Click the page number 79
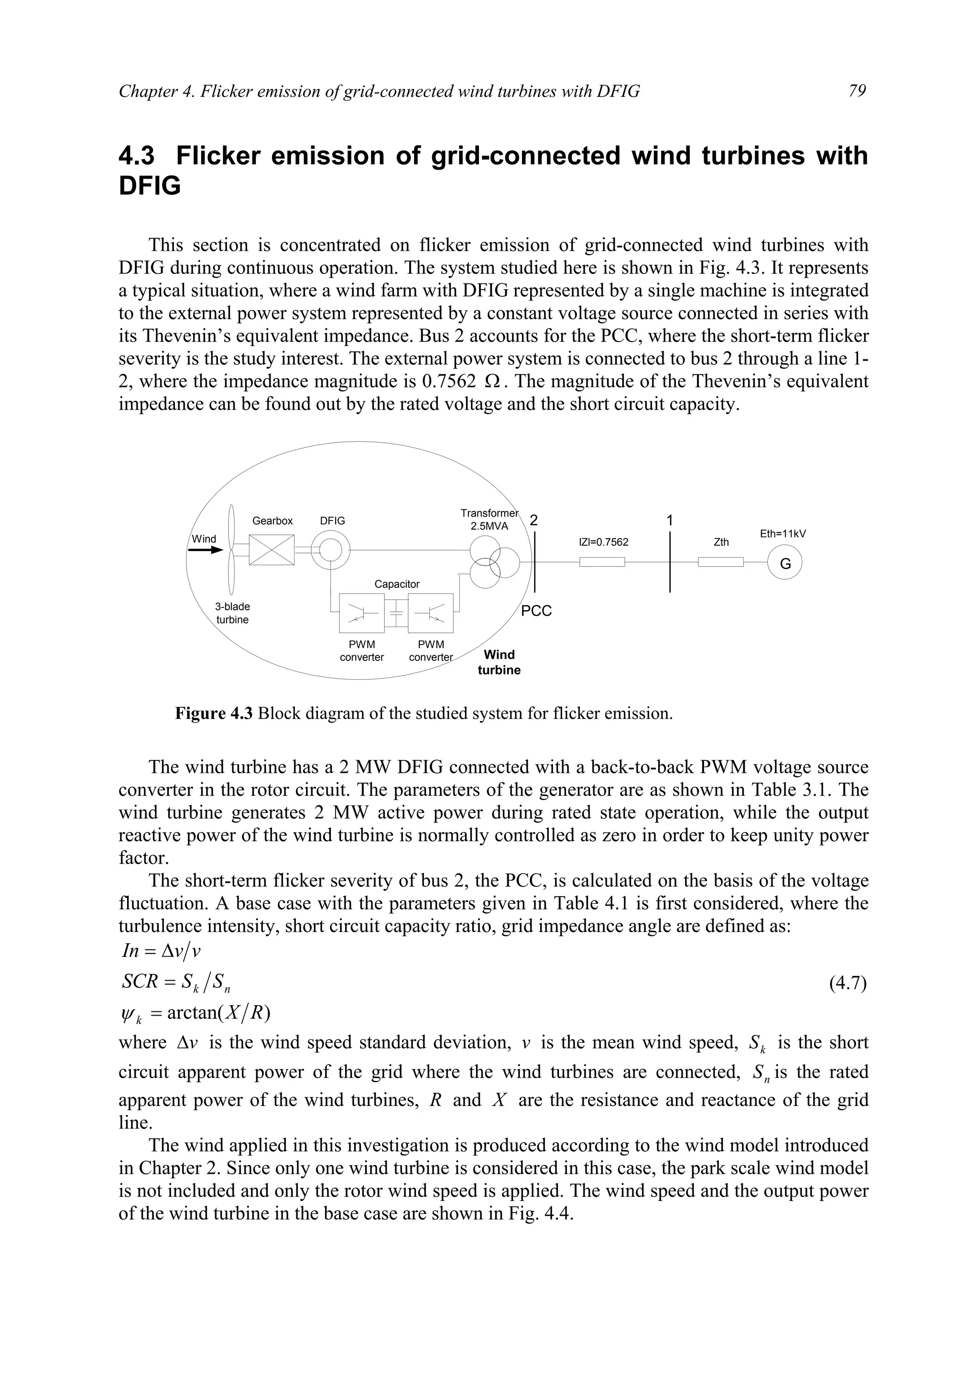(857, 91)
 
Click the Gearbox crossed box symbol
(272, 550)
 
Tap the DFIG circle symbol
(330, 550)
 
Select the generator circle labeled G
(785, 563)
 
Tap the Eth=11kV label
(783, 533)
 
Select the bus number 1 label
(670, 520)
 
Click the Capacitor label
(396, 584)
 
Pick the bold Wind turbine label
(499, 662)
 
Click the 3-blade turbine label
(232, 613)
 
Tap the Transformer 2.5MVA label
(489, 519)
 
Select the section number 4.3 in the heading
(136, 156)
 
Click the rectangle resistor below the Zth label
(721, 562)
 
